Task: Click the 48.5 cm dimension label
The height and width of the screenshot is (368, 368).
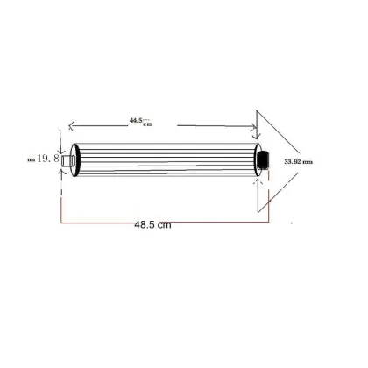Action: coord(152,225)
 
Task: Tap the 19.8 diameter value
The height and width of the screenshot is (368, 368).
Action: coord(47,159)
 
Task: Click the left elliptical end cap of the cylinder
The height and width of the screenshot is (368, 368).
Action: coord(74,159)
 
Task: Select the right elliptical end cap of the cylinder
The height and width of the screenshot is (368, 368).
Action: coord(258,159)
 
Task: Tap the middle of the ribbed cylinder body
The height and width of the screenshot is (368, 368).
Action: coord(166,159)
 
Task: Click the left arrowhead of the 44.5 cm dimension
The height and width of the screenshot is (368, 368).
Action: coord(72,124)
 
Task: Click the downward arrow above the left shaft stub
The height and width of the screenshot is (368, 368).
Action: coord(60,147)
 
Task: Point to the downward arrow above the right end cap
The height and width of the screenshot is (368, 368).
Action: coord(255,136)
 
